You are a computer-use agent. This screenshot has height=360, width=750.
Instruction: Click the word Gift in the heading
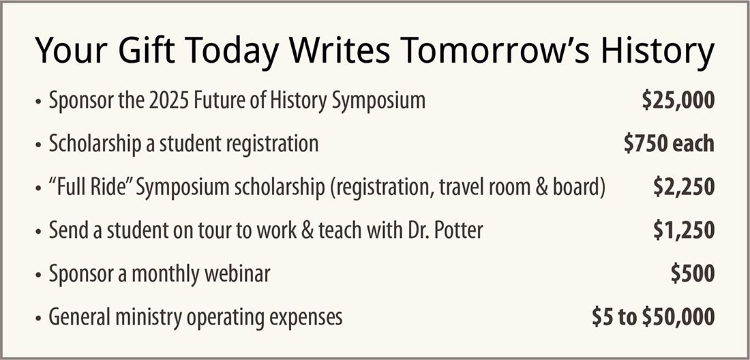(138, 50)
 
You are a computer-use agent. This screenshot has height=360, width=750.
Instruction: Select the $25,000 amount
(678, 101)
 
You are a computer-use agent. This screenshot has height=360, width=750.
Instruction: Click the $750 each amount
(669, 144)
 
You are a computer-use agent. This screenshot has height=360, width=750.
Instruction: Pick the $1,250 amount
(684, 230)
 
